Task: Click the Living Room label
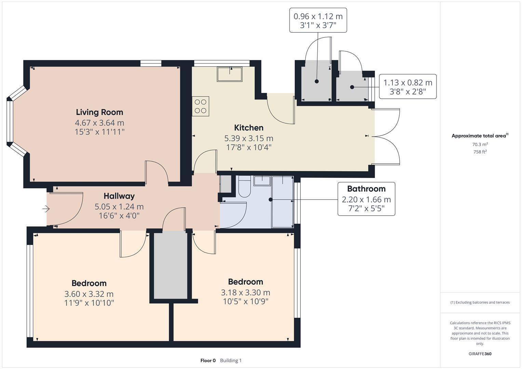pos(99,112)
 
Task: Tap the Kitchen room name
pos(249,128)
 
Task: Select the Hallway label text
pos(119,196)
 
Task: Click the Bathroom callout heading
pos(366,189)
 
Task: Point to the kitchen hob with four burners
pos(201,106)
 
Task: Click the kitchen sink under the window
pos(229,74)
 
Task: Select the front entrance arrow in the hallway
pos(46,208)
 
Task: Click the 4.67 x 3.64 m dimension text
pos(99,123)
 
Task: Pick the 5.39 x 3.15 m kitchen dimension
pos(249,138)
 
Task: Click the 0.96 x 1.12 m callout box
pos(318,20)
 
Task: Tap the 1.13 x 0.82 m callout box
pos(407,87)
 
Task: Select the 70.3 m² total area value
pos(480,145)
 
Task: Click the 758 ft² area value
pos(480,152)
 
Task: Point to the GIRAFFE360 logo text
pos(480,354)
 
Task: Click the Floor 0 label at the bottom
pos(208,360)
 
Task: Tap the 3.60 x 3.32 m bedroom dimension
pos(89,294)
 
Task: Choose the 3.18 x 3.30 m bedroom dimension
pos(245,292)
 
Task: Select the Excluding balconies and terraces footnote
pos(480,302)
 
